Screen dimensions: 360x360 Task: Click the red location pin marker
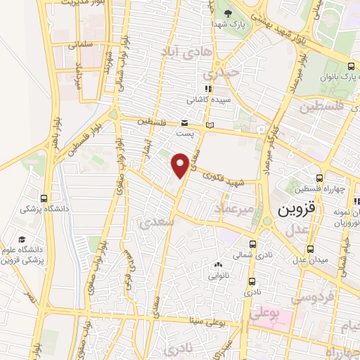pyautogui.click(x=180, y=165)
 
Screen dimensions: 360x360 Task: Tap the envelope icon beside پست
pyautogui.click(x=184, y=122)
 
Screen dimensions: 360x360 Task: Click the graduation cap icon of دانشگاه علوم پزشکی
pyautogui.click(x=21, y=239)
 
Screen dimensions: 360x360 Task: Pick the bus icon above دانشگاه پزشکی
pyautogui.click(x=44, y=198)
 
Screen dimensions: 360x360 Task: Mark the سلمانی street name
pyautogui.click(x=82, y=45)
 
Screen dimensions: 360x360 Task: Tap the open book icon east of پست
pyautogui.click(x=209, y=125)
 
